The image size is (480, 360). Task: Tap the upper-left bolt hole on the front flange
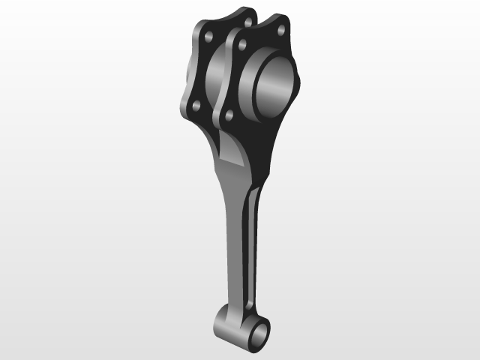coord(241,45)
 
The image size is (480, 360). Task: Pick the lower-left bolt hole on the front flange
coord(228,115)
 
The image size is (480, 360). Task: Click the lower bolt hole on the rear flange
coord(195,106)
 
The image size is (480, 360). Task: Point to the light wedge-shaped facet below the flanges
coord(234,150)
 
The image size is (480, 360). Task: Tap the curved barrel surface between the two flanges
coord(217,75)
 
